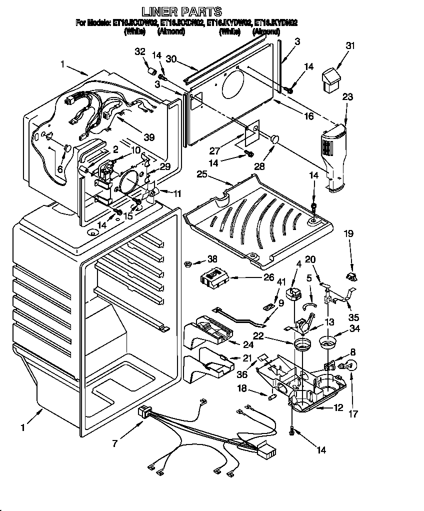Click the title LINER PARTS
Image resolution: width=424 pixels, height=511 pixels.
coord(181,11)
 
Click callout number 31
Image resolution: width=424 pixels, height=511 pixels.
coord(350,46)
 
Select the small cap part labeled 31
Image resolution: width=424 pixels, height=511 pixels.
coord(331,80)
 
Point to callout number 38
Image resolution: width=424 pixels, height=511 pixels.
coord(213,259)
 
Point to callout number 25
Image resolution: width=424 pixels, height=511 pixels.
coord(202,174)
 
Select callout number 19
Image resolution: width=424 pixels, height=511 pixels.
coord(348,232)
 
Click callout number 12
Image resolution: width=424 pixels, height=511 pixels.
coord(338,408)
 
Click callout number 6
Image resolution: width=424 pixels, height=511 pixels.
coord(60,169)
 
